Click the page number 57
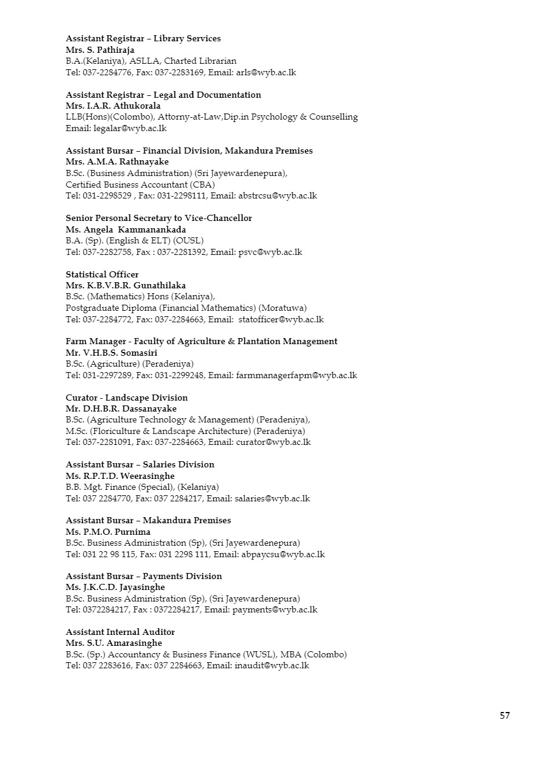coord(504,716)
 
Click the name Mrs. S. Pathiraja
coord(100,50)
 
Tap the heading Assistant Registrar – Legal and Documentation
coord(163,95)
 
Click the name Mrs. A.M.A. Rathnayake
coord(117,162)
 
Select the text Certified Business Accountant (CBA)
coord(140,185)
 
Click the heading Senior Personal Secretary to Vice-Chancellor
coord(159,218)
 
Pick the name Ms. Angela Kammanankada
coord(126,229)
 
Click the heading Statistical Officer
coord(102,274)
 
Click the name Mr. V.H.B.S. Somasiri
coord(112,353)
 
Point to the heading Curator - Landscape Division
coord(126,398)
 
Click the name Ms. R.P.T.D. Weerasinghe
coord(120,476)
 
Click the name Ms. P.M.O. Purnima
coord(108,532)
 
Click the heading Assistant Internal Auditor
coord(120,632)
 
